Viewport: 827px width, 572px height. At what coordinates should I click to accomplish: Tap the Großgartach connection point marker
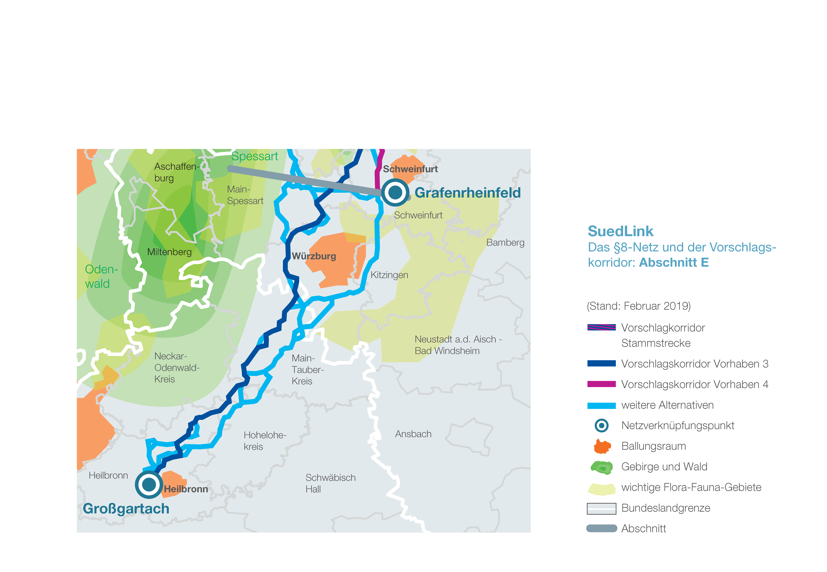(x=149, y=485)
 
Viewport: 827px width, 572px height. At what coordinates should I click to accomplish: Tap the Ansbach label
(x=413, y=434)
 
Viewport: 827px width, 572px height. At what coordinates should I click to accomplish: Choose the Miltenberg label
(x=169, y=252)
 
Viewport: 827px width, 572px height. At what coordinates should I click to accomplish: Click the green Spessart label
(x=255, y=156)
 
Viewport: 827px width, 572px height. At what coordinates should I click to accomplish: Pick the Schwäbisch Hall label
(x=330, y=483)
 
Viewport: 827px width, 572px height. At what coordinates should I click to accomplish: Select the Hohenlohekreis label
(x=265, y=441)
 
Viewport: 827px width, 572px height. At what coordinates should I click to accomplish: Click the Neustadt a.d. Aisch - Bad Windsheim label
(x=458, y=345)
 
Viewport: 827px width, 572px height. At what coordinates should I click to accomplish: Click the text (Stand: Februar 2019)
(x=638, y=306)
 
